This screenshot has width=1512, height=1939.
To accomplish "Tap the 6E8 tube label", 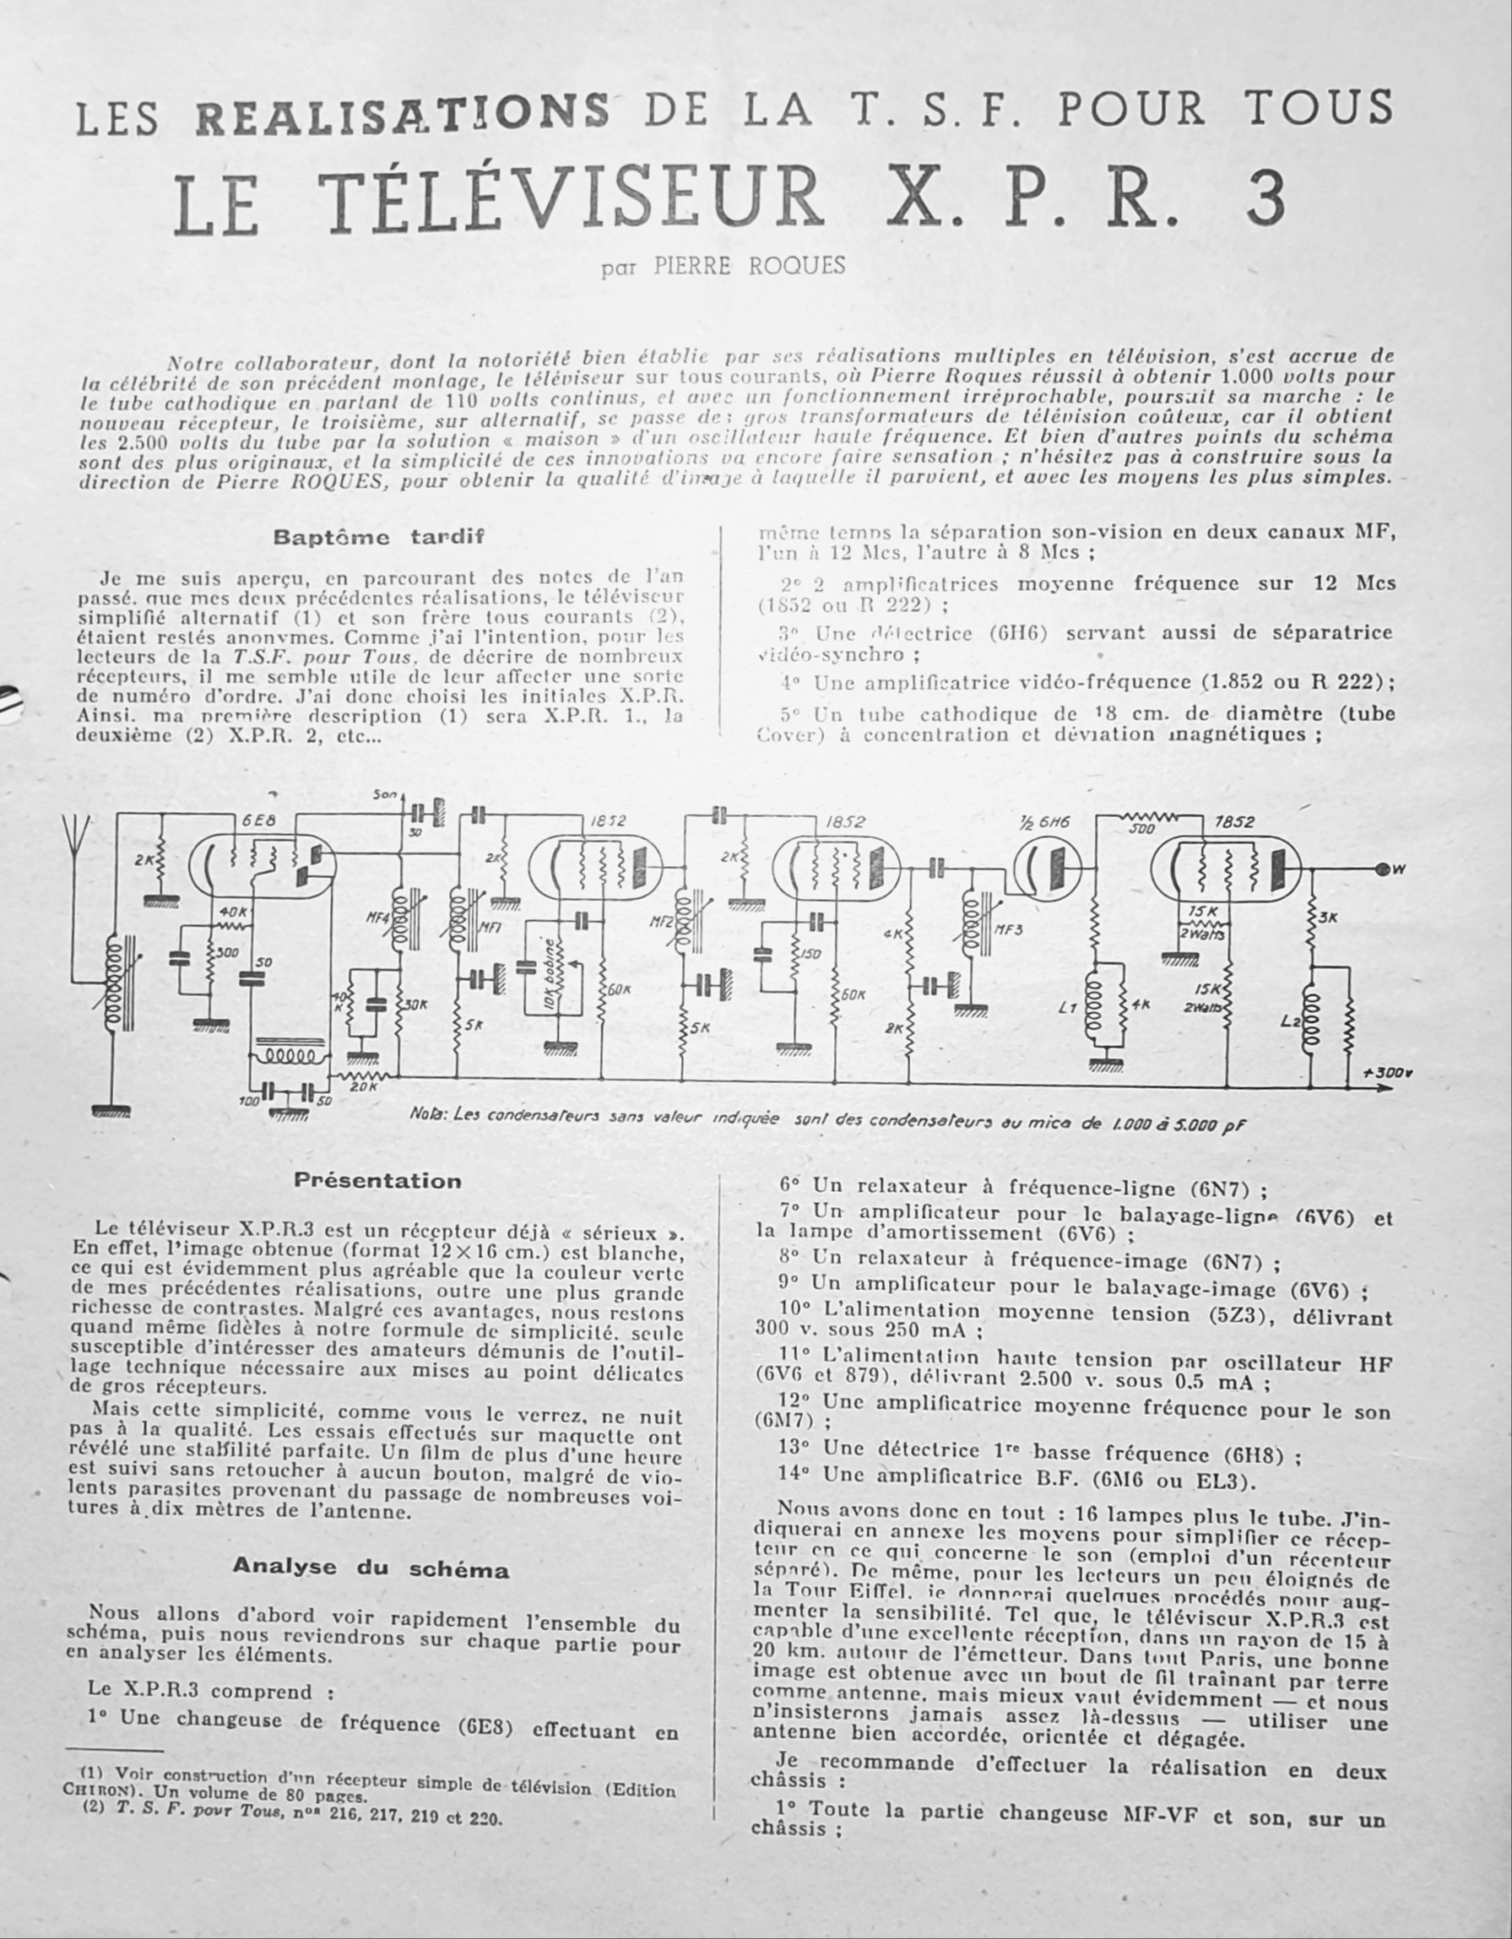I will point(258,821).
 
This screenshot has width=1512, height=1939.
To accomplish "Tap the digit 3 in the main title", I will point(1265,201).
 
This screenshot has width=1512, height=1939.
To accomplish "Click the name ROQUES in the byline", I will point(796,267).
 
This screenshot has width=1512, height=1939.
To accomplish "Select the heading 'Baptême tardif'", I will point(379,537).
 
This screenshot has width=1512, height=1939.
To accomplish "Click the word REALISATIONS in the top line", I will point(402,116).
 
